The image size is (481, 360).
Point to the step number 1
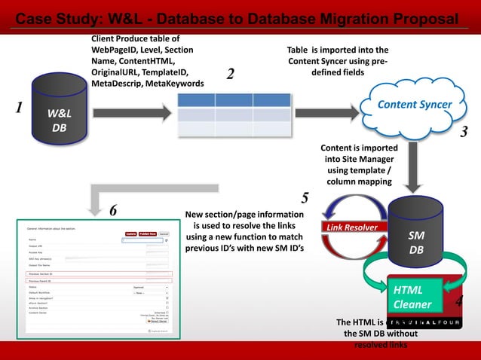(x=17, y=106)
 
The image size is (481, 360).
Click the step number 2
(x=230, y=74)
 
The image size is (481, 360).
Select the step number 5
(x=305, y=199)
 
